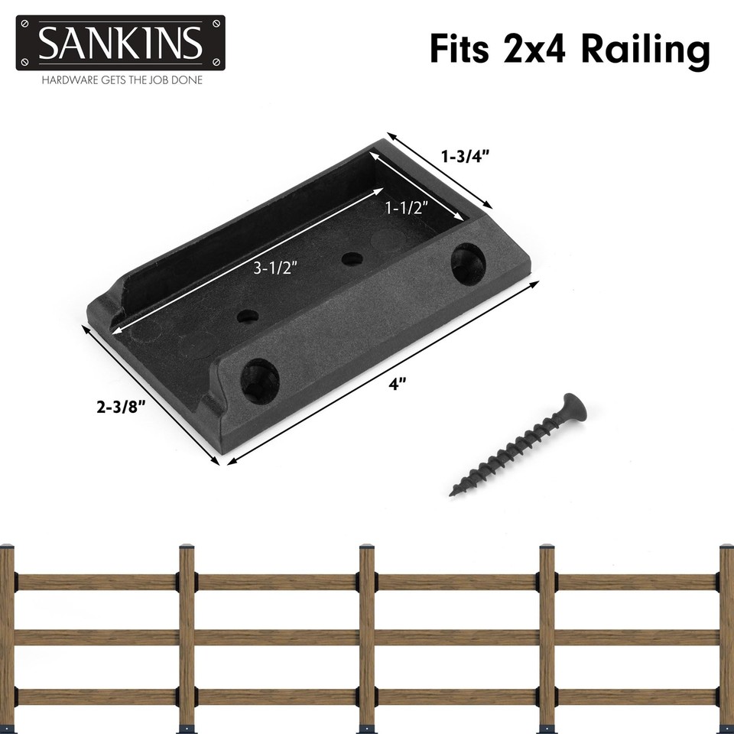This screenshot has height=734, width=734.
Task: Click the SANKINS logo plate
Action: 120,43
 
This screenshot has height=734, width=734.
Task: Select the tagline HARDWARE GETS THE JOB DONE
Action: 122,80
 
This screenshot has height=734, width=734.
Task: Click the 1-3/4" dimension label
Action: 465,156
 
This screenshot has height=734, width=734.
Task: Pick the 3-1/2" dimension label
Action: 274,267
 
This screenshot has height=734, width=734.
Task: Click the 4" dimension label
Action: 395,385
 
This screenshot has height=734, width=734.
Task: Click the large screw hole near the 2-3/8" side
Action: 260,376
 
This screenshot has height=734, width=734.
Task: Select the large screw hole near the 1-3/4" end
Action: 468,264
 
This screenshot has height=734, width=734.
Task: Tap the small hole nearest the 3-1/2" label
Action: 247,314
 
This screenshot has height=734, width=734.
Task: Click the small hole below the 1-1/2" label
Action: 352,258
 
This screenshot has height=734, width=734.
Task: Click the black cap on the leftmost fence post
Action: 6,547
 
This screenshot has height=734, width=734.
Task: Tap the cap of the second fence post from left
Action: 187,547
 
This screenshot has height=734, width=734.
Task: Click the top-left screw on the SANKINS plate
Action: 25,25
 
